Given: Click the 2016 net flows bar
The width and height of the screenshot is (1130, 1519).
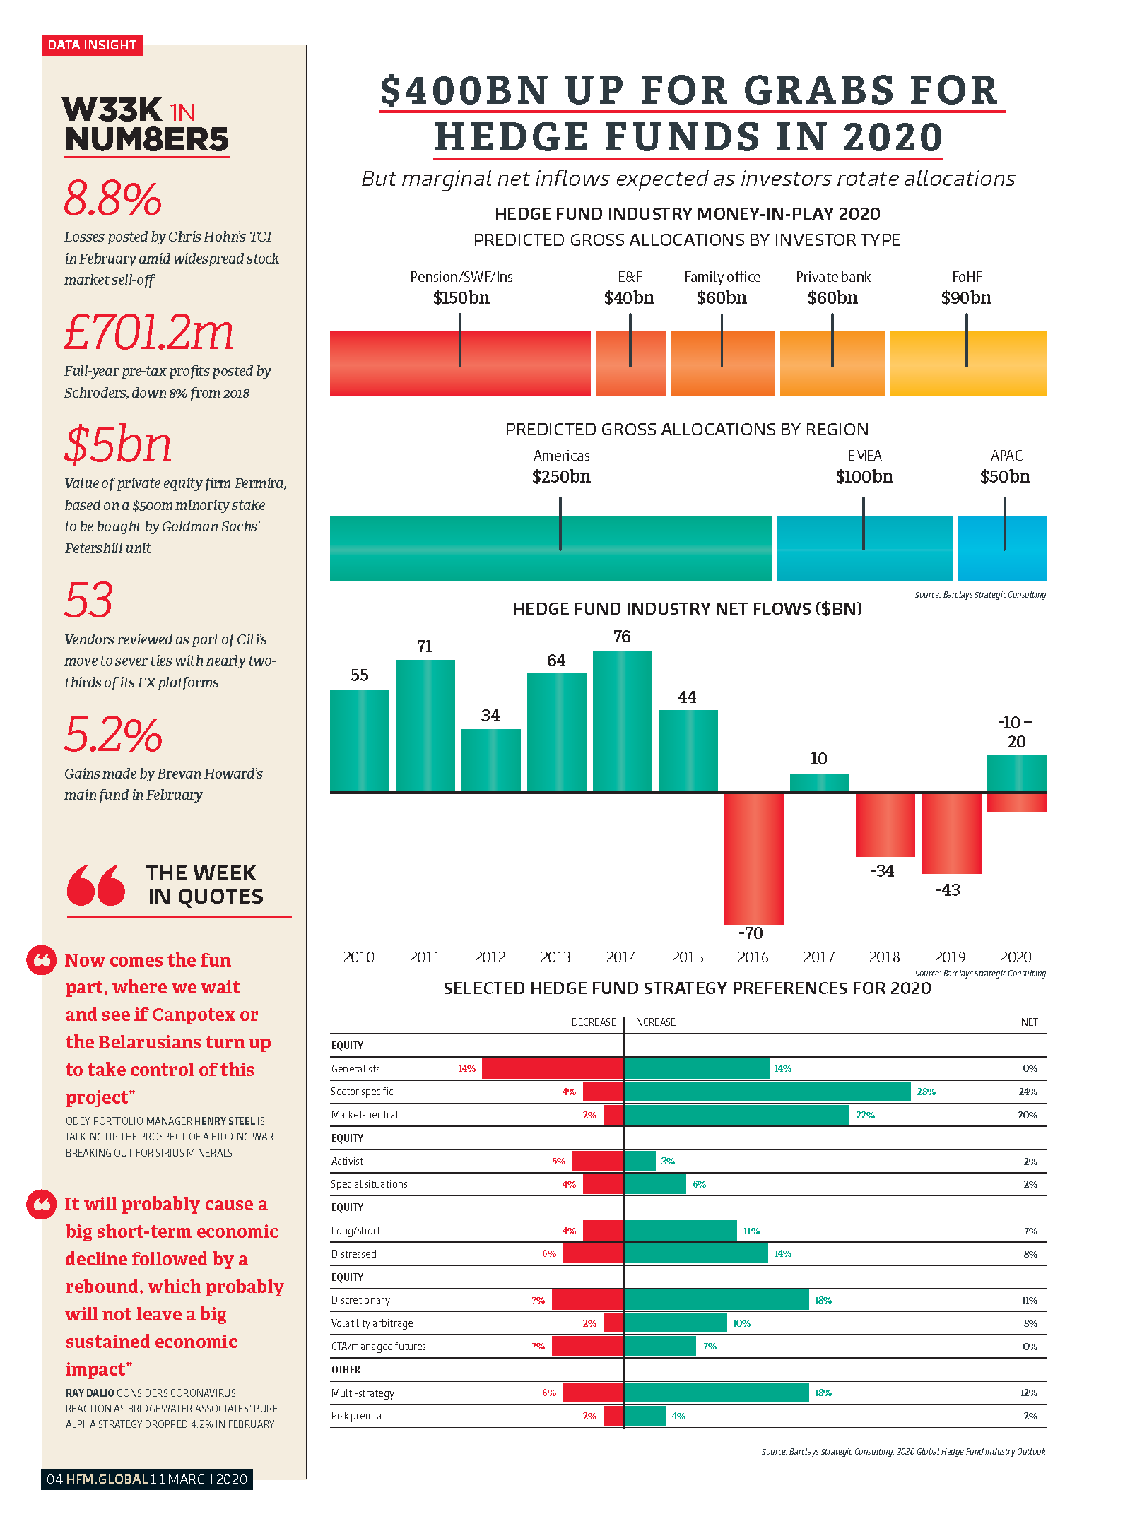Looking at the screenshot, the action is coord(753,858).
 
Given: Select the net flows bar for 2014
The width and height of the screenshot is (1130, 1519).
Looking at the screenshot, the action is coord(622,721).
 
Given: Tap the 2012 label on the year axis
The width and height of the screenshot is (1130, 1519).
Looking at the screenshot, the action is coord(490,957).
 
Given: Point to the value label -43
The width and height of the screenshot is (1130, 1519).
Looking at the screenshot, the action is coord(948,890).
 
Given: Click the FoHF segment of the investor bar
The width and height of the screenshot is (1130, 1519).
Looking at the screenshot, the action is coord(967,363).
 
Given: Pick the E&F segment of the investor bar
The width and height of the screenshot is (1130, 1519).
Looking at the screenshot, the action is coord(630,363).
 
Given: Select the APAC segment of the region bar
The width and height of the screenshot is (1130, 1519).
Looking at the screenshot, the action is coord(1002,548).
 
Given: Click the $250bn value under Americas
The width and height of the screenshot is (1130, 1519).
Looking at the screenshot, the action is coord(561,477).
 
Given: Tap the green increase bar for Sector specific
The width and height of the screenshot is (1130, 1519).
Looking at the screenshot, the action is coord(767,1092).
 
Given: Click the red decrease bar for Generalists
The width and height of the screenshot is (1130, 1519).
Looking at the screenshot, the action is coord(553,1068).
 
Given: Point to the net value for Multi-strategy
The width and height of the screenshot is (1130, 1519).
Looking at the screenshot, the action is coord(1029,1393).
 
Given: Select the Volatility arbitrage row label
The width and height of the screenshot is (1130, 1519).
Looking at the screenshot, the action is coord(372,1323).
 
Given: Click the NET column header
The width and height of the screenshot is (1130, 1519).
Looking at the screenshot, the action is coord(1030,1022).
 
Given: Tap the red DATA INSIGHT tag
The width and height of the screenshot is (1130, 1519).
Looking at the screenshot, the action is coord(92,45).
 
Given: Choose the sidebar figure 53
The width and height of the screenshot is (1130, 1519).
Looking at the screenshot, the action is coord(88,600).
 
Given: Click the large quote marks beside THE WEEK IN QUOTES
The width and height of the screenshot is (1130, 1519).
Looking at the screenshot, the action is coord(96,885).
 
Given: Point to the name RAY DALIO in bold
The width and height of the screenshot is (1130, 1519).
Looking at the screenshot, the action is coord(90,1393).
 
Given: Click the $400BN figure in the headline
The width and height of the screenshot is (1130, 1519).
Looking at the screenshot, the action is coord(465,90).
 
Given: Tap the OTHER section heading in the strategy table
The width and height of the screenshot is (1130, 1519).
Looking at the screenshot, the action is coord(346,1370).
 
